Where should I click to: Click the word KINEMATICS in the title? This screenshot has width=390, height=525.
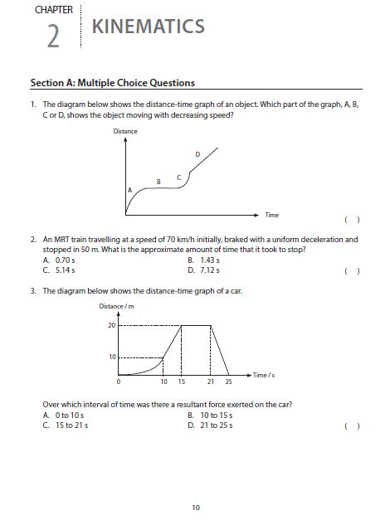tap(148, 27)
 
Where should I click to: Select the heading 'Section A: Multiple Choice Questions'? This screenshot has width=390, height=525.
tap(112, 83)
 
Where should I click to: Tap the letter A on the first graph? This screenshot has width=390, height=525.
tap(129, 190)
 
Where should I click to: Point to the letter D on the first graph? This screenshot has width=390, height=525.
tap(197, 154)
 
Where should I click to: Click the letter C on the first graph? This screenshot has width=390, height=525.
tap(179, 177)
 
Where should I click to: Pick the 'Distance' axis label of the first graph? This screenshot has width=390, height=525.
tap(125, 132)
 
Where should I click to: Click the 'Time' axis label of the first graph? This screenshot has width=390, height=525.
tap(271, 215)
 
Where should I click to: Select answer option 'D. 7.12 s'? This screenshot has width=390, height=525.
tap(203, 270)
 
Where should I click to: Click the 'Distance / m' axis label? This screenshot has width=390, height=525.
tap(116, 308)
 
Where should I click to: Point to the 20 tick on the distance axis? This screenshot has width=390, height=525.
tap(112, 325)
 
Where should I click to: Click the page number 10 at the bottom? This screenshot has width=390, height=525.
tap(195, 507)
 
